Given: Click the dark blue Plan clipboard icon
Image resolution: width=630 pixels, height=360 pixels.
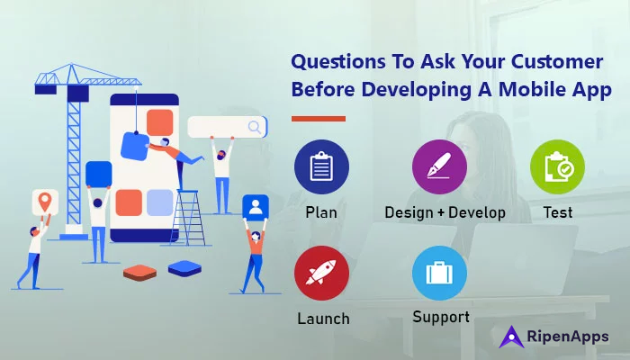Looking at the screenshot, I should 321,167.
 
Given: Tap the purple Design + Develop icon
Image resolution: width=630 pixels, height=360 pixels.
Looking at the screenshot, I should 439,167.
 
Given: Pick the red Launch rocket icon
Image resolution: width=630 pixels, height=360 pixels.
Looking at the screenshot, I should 321,276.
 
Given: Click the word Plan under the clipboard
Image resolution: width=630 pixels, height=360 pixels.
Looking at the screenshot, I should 321,213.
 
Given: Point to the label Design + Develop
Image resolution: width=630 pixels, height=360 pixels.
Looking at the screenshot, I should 445,213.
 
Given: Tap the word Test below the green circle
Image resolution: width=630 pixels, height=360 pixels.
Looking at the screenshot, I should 558,213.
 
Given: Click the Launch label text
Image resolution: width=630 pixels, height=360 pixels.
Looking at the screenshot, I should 323,319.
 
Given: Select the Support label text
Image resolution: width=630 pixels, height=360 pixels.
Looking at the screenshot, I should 441,317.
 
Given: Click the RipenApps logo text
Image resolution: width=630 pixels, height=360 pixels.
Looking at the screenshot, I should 571,337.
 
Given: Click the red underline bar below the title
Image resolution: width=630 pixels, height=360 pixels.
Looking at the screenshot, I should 319,118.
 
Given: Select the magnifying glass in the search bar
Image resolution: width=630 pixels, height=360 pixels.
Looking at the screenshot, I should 256,126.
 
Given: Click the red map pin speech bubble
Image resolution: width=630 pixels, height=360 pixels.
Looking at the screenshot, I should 42,201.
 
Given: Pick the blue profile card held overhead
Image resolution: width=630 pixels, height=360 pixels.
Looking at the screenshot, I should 256,208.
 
